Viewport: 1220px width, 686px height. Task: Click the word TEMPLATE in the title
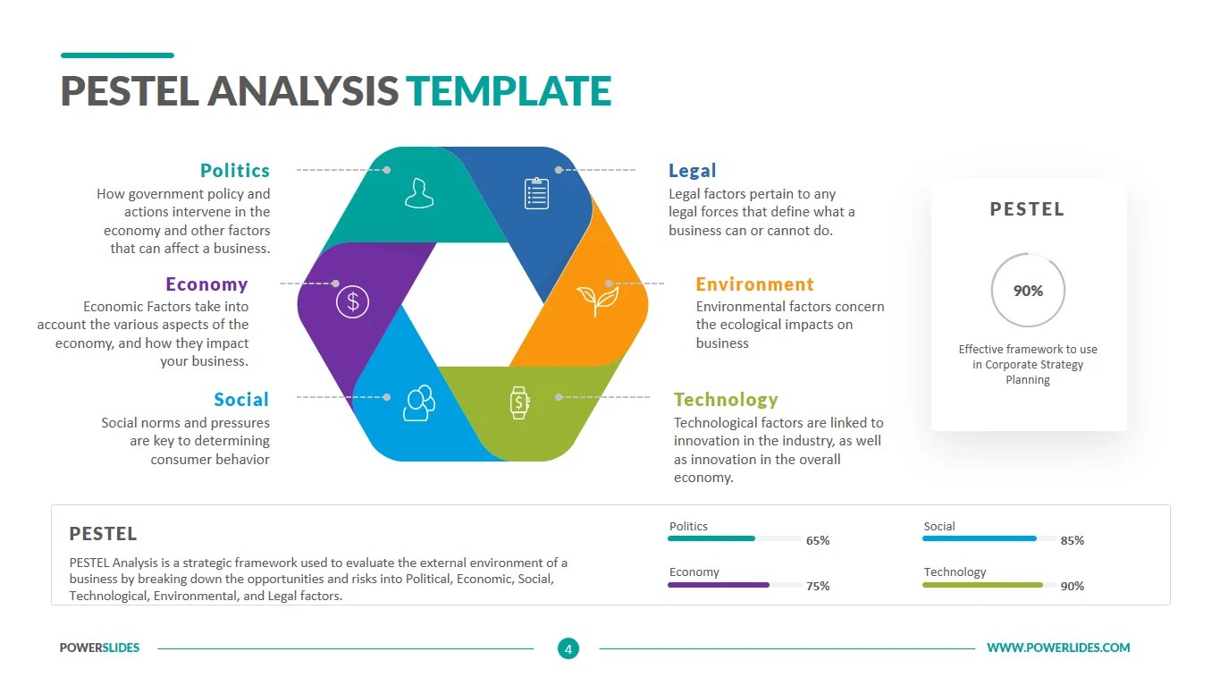(509, 91)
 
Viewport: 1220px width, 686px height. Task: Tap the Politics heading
(235, 170)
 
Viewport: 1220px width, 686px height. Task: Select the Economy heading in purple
(206, 284)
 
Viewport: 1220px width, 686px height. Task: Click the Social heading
(241, 399)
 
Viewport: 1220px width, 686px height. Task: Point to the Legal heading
(693, 170)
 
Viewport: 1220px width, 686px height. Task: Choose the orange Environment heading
(755, 284)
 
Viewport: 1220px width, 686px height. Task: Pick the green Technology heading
(726, 399)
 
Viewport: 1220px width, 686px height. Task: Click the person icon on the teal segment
(418, 192)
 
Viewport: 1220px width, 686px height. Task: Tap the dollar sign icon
(353, 301)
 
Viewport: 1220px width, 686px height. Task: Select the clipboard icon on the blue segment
(536, 192)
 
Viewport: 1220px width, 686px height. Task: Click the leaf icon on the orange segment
(597, 301)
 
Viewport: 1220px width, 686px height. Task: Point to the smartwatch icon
(519, 402)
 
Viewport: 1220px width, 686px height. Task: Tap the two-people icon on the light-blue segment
(418, 402)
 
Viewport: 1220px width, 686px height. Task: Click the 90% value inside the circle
(1028, 291)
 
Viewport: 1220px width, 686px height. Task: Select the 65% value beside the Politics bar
(818, 540)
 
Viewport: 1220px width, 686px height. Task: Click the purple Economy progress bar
(719, 585)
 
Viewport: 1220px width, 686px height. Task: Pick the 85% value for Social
(1073, 540)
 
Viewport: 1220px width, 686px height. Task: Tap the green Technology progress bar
(982, 585)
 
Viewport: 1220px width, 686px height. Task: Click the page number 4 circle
(568, 648)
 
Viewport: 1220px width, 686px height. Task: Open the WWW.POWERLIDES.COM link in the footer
(1058, 648)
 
